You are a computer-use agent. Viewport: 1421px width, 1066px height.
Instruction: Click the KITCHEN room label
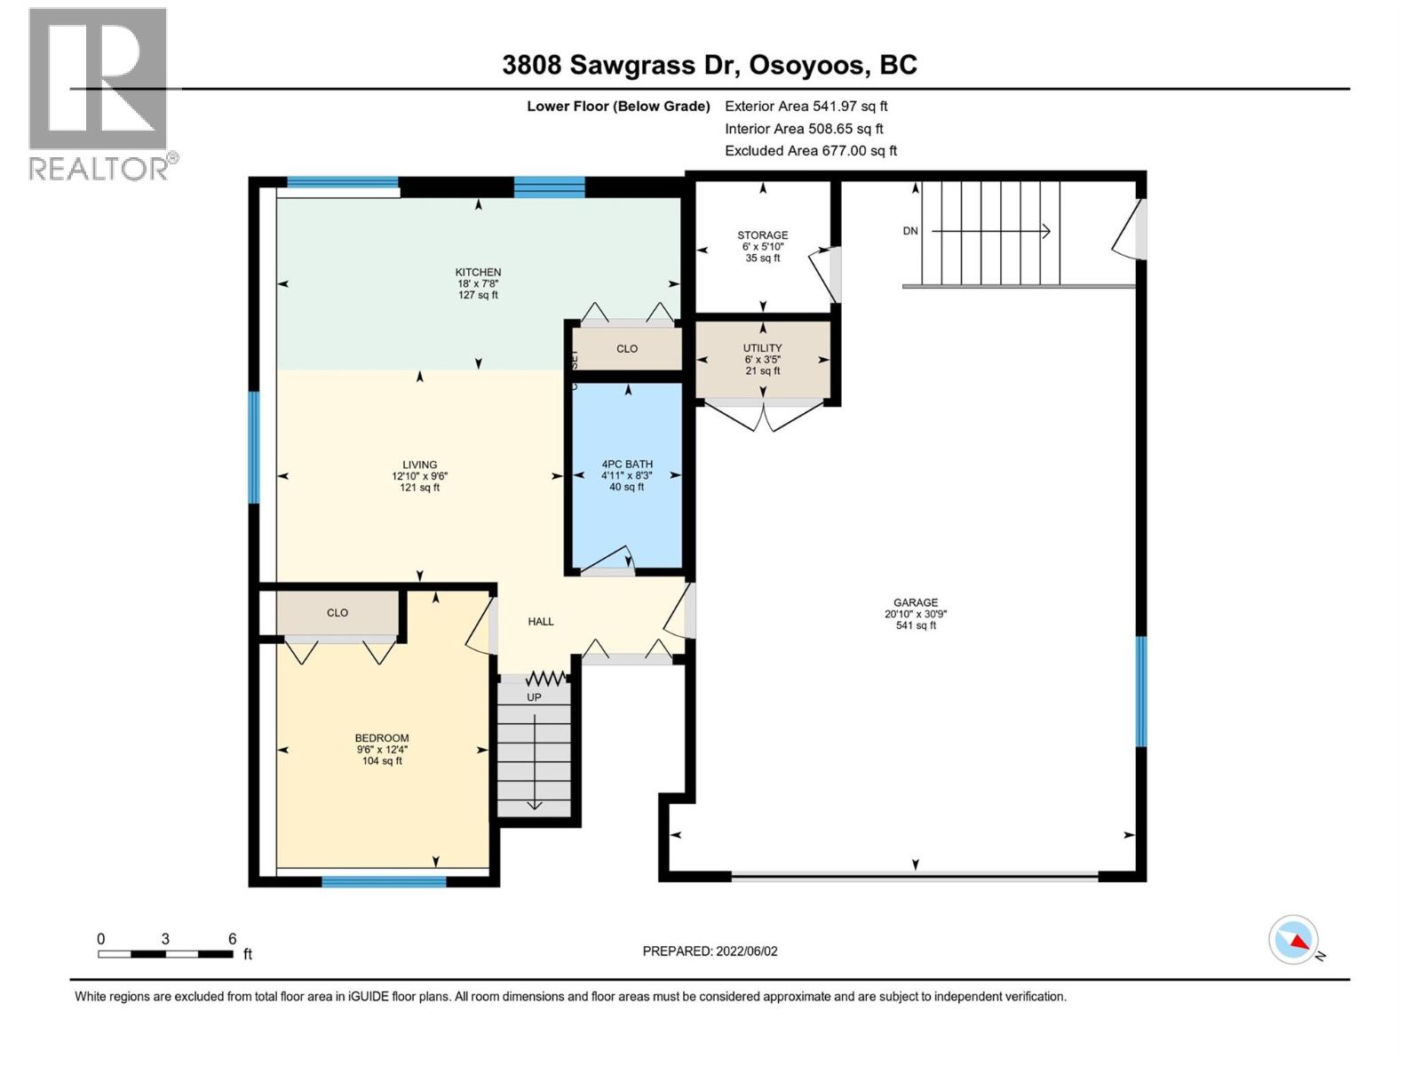point(478,272)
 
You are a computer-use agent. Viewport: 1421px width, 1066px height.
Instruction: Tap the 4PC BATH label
point(627,464)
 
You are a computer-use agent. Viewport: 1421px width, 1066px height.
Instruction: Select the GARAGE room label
point(916,602)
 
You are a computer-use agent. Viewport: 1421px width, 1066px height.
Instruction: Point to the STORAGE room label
point(762,235)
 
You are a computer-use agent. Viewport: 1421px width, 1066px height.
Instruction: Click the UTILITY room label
point(762,348)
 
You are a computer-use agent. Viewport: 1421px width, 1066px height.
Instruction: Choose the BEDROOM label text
point(382,737)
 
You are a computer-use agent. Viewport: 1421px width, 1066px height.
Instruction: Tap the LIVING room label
point(419,464)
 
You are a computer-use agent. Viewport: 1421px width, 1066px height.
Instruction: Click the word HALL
point(541,622)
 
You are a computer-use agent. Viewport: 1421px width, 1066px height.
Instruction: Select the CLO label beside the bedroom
point(337,613)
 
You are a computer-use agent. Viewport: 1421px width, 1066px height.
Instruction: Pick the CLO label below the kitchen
point(627,349)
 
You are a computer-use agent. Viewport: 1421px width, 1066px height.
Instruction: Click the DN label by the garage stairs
point(910,231)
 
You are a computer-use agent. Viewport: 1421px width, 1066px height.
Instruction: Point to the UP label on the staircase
point(534,697)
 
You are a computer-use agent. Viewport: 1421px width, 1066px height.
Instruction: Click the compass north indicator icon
point(1294,940)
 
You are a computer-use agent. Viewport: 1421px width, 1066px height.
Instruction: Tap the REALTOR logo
point(99,93)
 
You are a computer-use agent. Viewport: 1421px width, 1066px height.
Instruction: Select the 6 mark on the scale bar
point(232,939)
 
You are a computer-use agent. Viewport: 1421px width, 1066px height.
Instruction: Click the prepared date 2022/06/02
point(746,951)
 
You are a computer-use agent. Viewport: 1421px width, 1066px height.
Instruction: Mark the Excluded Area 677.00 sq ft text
point(811,151)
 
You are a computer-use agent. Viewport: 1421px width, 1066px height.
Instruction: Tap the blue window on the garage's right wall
point(1141,691)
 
